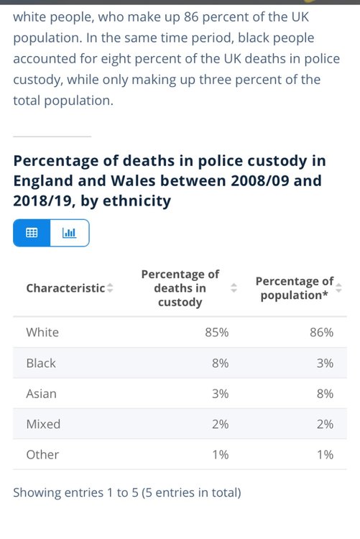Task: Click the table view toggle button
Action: (x=32, y=233)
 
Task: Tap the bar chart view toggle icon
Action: (x=69, y=233)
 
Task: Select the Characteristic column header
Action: (x=65, y=288)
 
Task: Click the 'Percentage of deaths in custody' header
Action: (x=180, y=288)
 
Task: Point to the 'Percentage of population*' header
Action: (x=295, y=288)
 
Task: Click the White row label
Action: (x=42, y=333)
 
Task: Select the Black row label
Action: (x=41, y=363)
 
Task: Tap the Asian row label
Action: (x=41, y=394)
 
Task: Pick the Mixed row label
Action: (x=43, y=424)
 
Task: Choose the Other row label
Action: (x=42, y=455)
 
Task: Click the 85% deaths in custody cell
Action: (x=216, y=333)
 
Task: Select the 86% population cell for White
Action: (x=321, y=333)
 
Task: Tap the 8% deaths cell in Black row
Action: (x=220, y=363)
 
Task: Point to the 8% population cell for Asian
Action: (x=325, y=394)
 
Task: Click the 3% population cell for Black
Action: (x=325, y=363)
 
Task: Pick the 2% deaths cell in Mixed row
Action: (x=220, y=424)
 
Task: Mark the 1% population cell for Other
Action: (x=325, y=455)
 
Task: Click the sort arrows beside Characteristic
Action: (x=110, y=288)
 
